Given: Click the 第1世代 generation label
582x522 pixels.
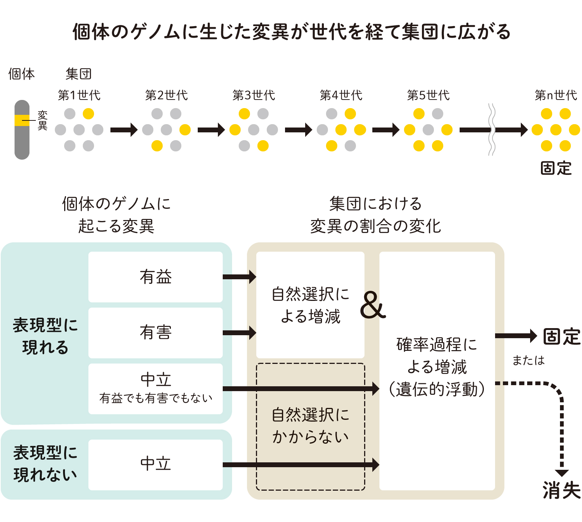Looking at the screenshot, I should (x=79, y=95).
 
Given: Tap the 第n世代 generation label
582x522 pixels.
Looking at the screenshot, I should (x=556, y=95).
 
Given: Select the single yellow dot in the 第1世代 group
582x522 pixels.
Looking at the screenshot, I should (x=88, y=114).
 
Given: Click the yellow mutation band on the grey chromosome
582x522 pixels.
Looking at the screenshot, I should (x=22, y=120).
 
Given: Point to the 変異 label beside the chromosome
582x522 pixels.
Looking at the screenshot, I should (x=43, y=120).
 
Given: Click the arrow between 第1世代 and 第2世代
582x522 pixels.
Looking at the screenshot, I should (x=124, y=130).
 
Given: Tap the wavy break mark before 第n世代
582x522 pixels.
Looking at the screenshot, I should (x=492, y=130).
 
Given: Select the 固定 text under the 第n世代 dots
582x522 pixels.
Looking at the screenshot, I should (x=556, y=168).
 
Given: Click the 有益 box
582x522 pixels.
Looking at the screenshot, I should (x=156, y=277).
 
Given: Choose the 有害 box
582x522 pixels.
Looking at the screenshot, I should (x=156, y=333).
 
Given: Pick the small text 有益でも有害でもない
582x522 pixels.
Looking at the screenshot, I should (x=156, y=399).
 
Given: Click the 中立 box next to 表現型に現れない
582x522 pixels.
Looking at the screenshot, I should (x=156, y=465).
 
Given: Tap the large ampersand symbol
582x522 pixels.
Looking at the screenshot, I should (x=373, y=305).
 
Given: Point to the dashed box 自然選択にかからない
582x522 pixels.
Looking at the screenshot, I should (x=310, y=426).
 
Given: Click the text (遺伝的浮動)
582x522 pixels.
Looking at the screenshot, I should (x=437, y=389).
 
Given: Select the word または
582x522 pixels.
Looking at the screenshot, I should (x=528, y=360).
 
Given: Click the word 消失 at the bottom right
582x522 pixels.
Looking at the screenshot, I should (x=561, y=490).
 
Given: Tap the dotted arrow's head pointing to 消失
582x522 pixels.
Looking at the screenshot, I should (x=561, y=473).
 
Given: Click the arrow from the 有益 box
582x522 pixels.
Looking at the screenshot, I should (x=239, y=277).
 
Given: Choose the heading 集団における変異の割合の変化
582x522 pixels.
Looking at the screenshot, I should (x=376, y=215).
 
